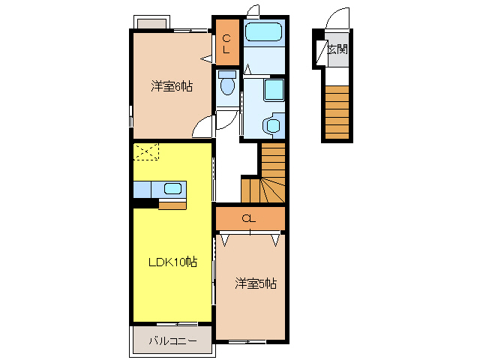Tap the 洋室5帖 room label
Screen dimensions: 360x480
pyautogui.click(x=256, y=283)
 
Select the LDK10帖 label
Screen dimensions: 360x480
pyautogui.click(x=172, y=262)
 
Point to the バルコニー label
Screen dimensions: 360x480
pyautogui.click(x=172, y=340)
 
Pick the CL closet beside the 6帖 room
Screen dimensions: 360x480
pyautogui.click(x=227, y=40)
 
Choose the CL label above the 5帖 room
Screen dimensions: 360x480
pyautogui.click(x=250, y=218)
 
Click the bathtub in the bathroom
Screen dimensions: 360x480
pyautogui.click(x=262, y=32)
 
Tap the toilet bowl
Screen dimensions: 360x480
pyautogui.click(x=227, y=85)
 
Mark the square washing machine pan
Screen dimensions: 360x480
pyautogui.click(x=274, y=91)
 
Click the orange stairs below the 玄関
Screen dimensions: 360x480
pyautogui.click(x=337, y=112)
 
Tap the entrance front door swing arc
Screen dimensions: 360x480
pyautogui.click(x=339, y=19)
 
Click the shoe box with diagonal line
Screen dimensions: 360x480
pyautogui.click(x=319, y=50)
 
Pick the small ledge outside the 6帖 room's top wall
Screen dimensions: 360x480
pyautogui.click(x=153, y=21)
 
